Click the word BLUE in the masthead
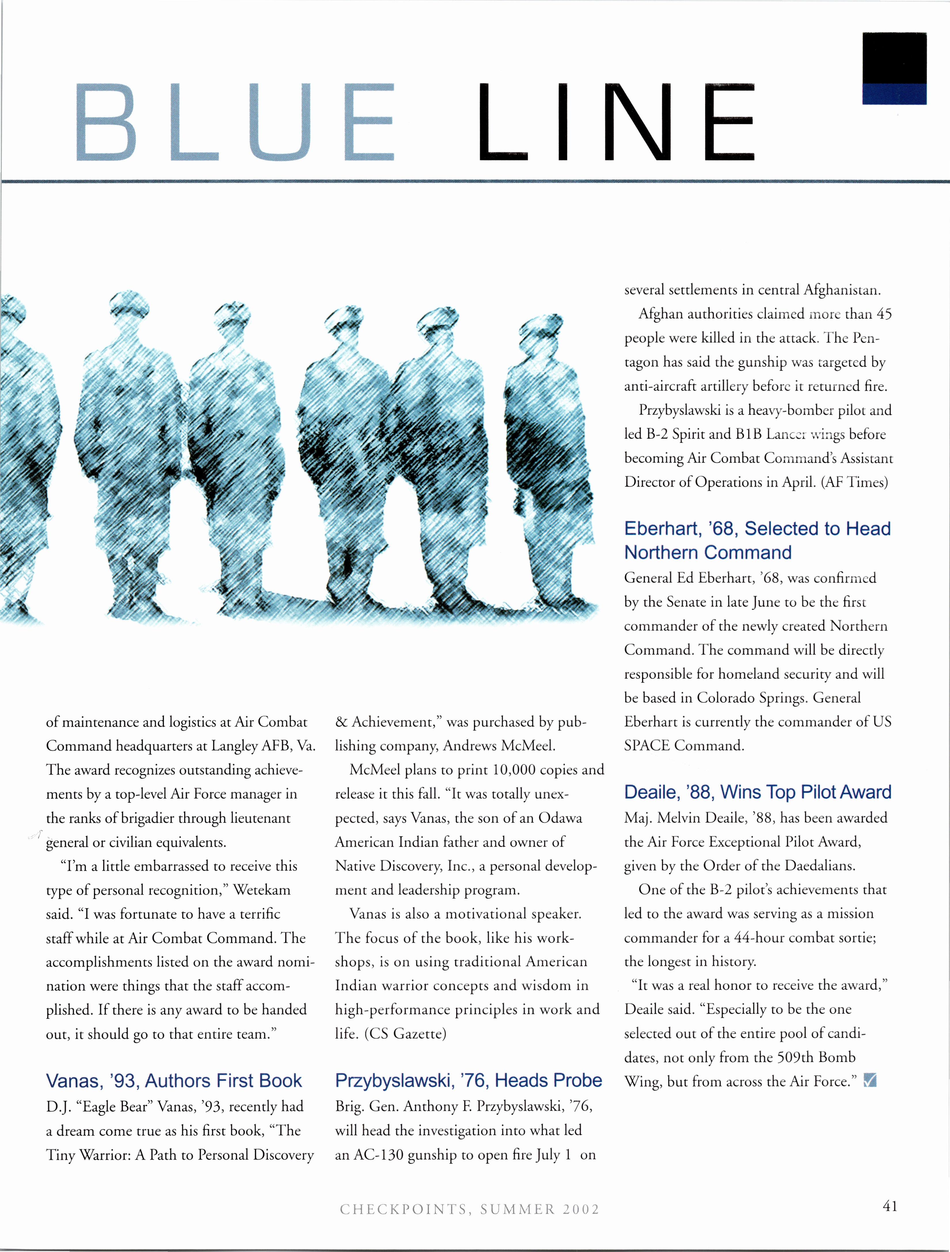(x=235, y=122)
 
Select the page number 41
(x=890, y=1206)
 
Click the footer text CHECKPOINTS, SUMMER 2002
(x=470, y=1209)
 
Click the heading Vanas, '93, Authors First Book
(x=174, y=1080)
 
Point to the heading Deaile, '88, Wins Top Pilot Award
(x=758, y=792)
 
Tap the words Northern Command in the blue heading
(x=707, y=552)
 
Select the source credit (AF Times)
(x=854, y=482)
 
